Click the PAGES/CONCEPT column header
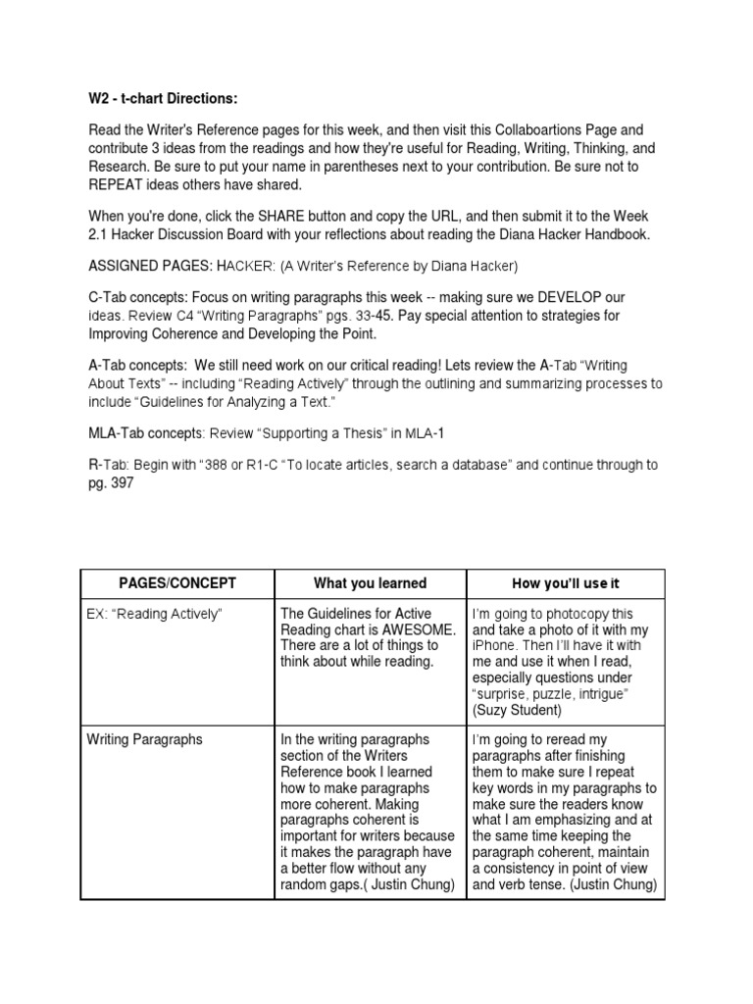[x=177, y=583]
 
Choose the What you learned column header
[x=370, y=583]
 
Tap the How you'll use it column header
[x=566, y=583]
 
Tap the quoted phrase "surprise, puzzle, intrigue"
[x=552, y=694]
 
